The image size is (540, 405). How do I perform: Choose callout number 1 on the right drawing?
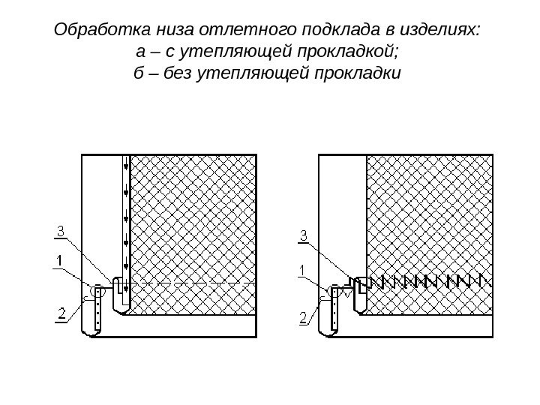[303, 268]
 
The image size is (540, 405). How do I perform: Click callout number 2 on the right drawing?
[304, 318]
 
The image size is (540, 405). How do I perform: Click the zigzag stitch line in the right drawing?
[427, 282]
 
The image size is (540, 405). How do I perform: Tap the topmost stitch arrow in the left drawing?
[126, 164]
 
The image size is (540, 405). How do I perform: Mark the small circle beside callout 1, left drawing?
[96, 290]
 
